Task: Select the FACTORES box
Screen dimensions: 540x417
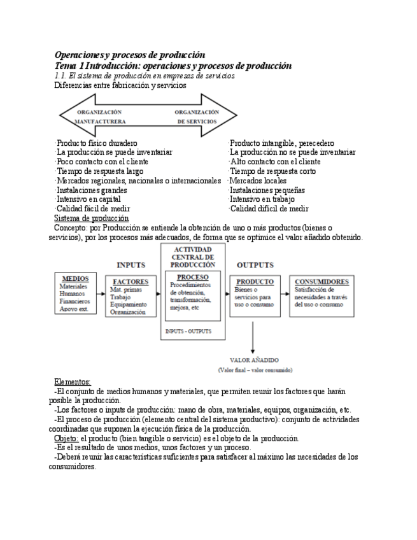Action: tap(131, 296)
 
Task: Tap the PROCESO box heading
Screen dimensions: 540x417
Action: tap(192, 278)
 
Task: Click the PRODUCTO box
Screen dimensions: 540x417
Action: tap(255, 296)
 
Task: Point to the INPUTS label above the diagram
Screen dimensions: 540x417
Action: tap(131, 265)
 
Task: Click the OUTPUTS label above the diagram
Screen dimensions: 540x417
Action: tap(255, 265)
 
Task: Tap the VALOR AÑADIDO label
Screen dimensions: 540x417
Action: tap(254, 360)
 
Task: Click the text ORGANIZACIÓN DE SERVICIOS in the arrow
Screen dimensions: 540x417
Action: tap(197, 115)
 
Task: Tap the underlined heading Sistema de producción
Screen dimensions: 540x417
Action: tap(92, 218)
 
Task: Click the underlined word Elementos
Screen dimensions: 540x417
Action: tap(73, 381)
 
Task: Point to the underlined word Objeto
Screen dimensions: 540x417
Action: tap(66, 439)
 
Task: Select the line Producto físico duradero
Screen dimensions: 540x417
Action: tap(96, 143)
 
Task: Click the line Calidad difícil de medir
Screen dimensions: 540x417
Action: tap(269, 209)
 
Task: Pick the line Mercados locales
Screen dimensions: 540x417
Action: tap(258, 181)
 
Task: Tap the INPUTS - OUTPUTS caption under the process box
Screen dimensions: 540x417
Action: tap(188, 332)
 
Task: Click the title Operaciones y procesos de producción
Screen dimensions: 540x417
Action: tap(130, 55)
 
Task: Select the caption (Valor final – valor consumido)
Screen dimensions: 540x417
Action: tap(255, 369)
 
